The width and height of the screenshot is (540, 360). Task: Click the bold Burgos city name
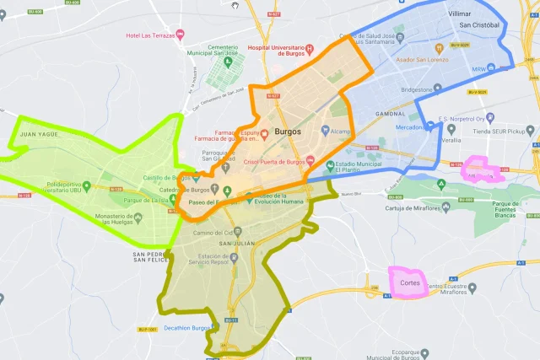[x=288, y=131]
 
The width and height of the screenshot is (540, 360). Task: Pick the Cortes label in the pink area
[x=410, y=282]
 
